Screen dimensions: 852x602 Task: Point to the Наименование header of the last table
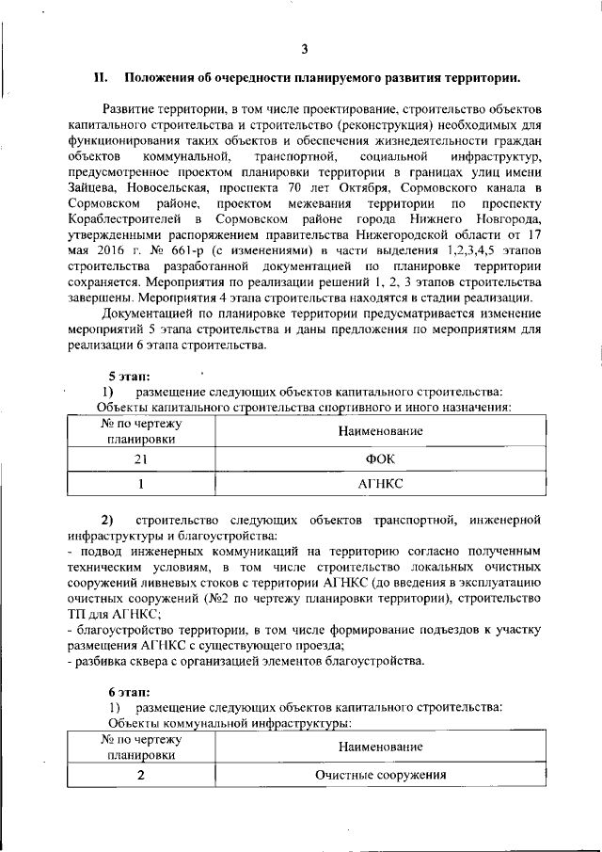tap(381, 747)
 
